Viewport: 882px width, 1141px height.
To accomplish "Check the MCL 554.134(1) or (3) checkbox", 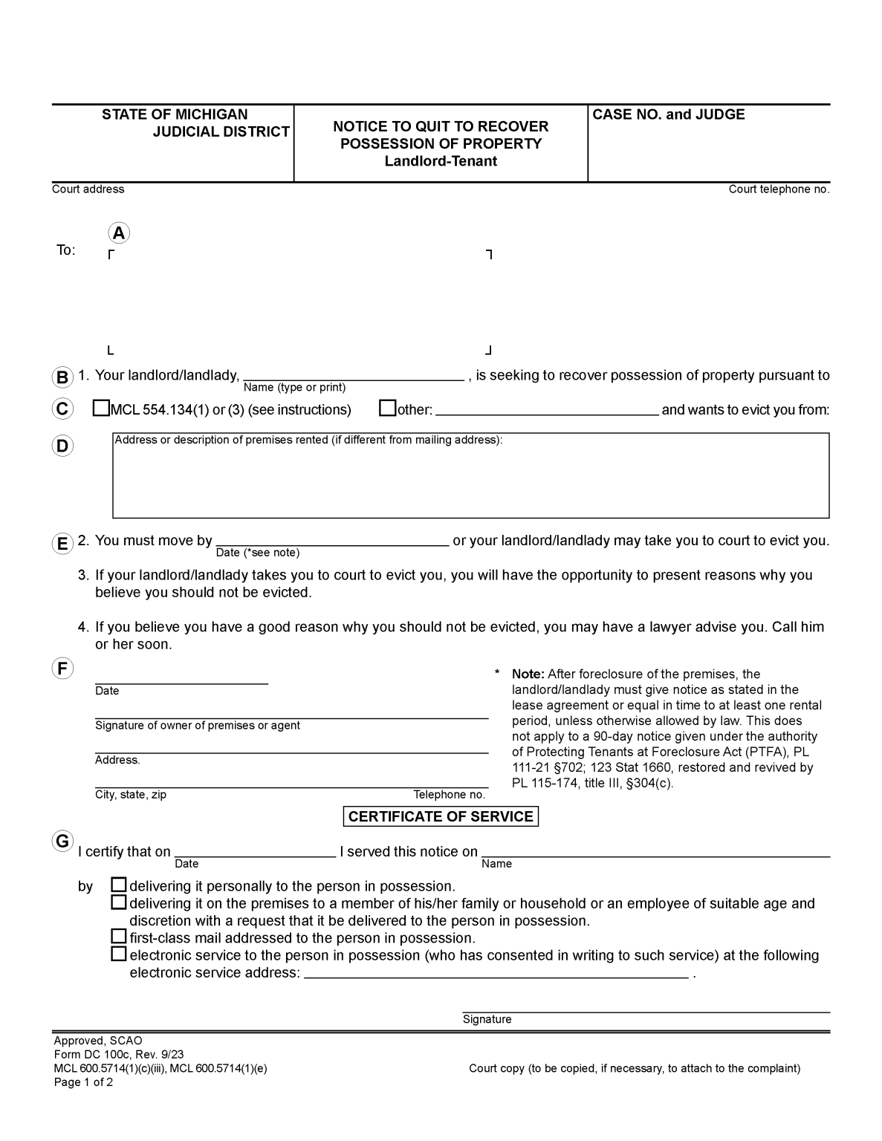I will point(101,409).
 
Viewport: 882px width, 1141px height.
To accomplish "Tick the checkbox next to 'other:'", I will point(387,409).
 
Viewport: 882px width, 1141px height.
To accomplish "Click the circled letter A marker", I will point(118,233).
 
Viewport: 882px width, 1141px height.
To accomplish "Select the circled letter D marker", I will point(62,446).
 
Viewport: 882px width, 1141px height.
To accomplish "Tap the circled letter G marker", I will point(62,842).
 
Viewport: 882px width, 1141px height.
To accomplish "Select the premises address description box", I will point(470,479).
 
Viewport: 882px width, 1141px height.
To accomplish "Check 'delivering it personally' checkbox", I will point(118,885).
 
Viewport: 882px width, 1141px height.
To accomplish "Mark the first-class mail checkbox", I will point(118,937).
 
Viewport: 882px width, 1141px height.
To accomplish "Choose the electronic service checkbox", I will point(118,955).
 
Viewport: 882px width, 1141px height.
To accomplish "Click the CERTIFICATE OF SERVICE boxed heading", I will point(441,816).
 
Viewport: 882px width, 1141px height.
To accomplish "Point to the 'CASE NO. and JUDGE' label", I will point(668,114).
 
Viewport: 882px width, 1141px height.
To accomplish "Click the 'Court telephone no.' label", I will point(779,189).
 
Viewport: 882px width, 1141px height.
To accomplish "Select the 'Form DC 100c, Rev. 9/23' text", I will point(118,1055).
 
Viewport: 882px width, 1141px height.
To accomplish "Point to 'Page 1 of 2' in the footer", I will point(83,1082).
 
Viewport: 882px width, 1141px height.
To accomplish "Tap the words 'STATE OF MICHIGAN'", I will point(175,114).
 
